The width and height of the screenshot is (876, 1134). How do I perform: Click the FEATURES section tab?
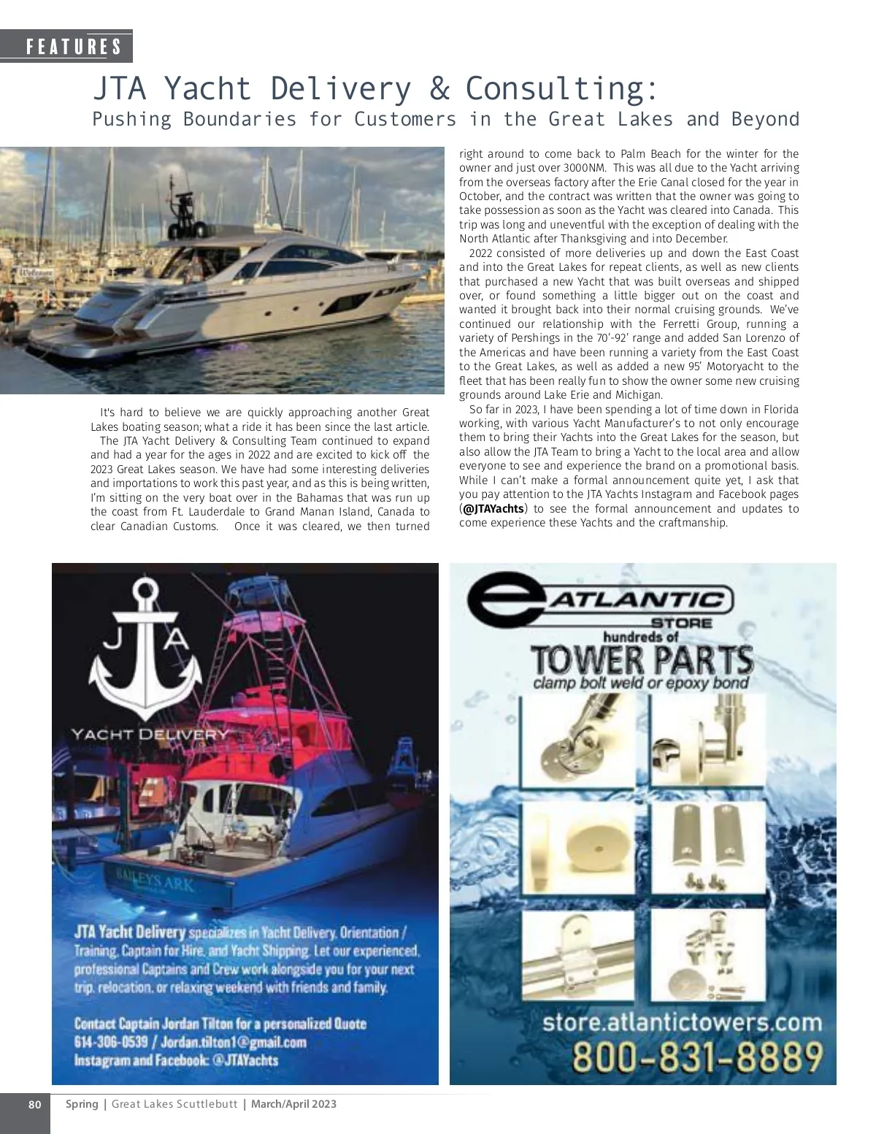tap(74, 47)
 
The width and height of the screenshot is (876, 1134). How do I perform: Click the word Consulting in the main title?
tap(561, 88)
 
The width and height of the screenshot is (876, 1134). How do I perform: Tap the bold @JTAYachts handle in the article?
tap(493, 509)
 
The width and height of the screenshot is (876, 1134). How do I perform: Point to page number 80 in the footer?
tap(35, 1103)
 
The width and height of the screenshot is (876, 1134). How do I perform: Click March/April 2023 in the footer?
tap(293, 1103)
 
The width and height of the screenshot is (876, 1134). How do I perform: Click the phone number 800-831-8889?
tap(698, 1056)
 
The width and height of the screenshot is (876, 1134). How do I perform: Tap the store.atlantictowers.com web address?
tap(682, 1022)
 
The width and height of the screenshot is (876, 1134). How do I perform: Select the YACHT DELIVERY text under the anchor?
tap(150, 734)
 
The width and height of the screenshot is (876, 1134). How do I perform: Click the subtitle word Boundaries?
tap(239, 119)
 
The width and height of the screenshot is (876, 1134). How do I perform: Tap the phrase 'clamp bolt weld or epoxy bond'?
tap(640, 683)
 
